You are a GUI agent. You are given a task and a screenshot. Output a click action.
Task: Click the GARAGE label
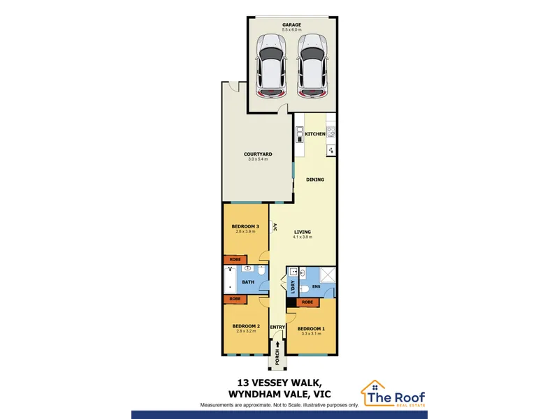291,24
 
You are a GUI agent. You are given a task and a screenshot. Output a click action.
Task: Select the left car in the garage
271,66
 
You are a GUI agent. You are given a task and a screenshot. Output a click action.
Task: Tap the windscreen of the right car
312,54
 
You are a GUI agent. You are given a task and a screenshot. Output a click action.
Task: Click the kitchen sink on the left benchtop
300,134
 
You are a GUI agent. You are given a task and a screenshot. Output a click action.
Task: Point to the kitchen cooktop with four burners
331,132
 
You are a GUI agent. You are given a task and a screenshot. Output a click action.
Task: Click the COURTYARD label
258,154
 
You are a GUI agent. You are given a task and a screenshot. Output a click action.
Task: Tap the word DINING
315,179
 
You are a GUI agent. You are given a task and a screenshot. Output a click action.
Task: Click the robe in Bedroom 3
235,259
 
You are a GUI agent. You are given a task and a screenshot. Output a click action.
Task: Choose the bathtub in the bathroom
230,281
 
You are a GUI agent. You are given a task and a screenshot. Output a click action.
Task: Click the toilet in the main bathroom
261,270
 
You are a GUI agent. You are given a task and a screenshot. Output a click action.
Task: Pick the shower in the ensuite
327,274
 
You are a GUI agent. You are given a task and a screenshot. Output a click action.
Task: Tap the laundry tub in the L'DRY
293,272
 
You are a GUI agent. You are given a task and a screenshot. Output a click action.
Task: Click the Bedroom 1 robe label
307,302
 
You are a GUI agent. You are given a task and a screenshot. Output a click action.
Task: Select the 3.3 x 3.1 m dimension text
311,334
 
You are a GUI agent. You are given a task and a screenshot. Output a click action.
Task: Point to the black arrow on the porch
277,344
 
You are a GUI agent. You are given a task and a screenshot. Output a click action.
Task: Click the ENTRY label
277,327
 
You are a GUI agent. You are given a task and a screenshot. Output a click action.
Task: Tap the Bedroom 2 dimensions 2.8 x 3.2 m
246,331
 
